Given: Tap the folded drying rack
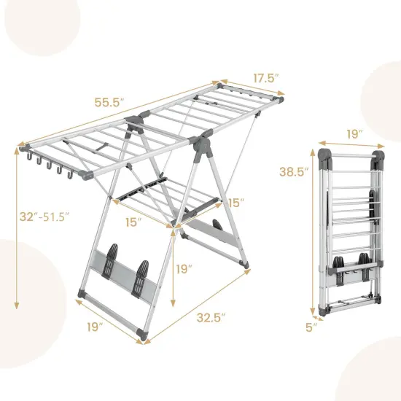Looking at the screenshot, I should (x=350, y=233).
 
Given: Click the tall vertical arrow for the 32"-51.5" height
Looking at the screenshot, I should (x=17, y=226).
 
